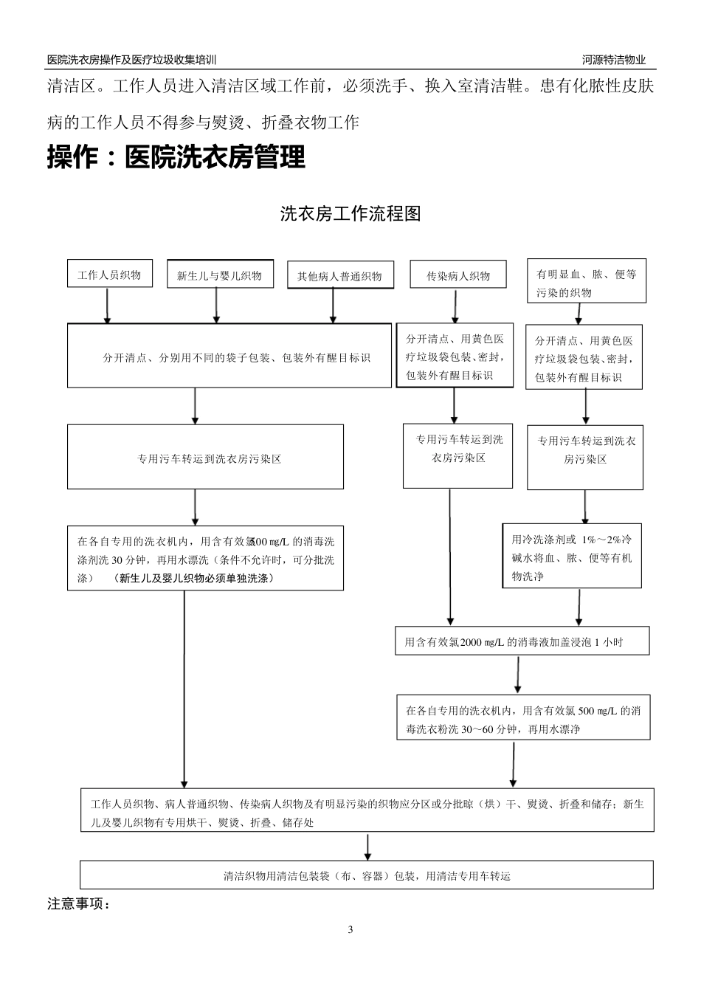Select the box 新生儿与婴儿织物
click(219, 275)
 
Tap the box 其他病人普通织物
click(339, 276)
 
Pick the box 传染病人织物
click(457, 275)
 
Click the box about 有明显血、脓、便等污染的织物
click(586, 282)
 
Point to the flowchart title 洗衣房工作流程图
click(350, 214)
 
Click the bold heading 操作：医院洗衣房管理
click(176, 157)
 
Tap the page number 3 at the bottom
click(350, 929)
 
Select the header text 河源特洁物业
click(613, 61)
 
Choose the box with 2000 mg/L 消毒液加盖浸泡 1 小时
click(522, 641)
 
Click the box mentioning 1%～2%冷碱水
click(572, 557)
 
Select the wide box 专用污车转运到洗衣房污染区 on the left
click(205, 458)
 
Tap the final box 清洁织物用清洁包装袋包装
click(367, 876)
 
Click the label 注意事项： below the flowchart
click(79, 903)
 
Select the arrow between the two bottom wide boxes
click(367, 847)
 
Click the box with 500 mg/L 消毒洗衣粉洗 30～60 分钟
click(522, 719)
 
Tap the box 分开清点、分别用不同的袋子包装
click(229, 357)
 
